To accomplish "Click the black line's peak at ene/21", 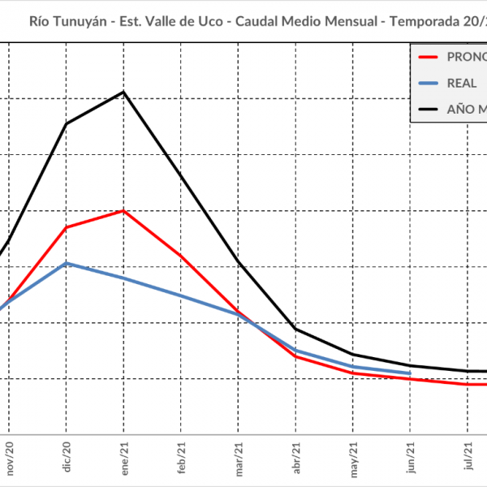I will (123, 92).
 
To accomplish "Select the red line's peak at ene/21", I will (123, 211).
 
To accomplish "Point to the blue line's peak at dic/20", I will (67, 263).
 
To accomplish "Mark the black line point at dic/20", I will (67, 123).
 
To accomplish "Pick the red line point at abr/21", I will (296, 356).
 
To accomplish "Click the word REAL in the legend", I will (462, 83).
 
